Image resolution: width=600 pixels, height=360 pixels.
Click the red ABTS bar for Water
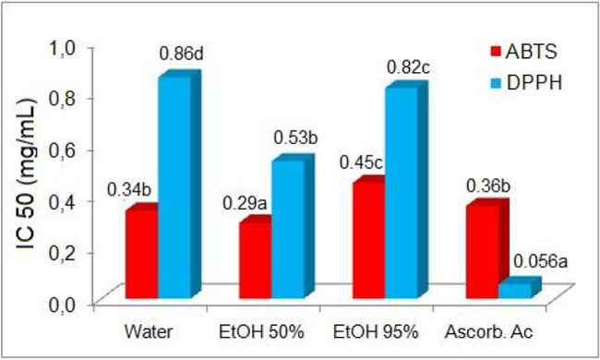[141, 254]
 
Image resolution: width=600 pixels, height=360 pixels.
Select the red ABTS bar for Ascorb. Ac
[483, 251]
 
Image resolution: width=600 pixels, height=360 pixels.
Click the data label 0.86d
[181, 54]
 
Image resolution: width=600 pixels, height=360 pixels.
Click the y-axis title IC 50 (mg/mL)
[30, 175]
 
